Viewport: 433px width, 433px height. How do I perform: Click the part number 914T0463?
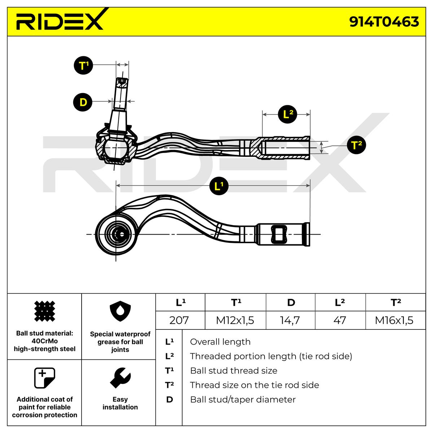[x=384, y=22]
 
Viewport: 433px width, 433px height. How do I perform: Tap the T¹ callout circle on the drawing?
[x=83, y=66]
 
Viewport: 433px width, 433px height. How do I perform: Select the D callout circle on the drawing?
[x=83, y=102]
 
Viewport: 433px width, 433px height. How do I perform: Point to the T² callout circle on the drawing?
[x=356, y=145]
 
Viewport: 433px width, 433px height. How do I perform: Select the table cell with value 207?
[x=179, y=320]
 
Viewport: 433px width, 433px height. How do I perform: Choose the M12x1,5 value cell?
[x=235, y=320]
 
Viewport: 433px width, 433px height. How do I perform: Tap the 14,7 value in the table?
[x=290, y=320]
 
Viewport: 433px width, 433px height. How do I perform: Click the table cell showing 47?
[x=340, y=320]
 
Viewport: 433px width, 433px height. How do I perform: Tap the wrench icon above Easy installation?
[x=120, y=378]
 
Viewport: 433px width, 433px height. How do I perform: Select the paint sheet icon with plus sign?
[x=44, y=378]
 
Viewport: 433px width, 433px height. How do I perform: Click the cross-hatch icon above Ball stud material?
[x=44, y=311]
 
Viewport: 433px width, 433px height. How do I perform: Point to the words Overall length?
[x=220, y=342]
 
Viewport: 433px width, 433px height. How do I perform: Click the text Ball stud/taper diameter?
[x=242, y=399]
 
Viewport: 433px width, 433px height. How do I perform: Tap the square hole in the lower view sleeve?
[x=280, y=234]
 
